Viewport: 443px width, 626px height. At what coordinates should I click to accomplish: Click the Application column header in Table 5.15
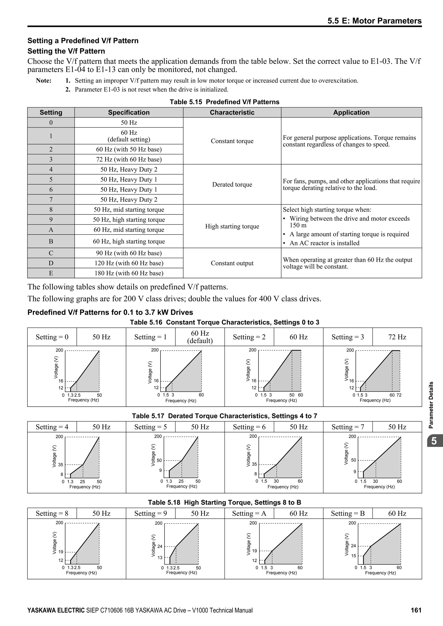pyautogui.click(x=351, y=112)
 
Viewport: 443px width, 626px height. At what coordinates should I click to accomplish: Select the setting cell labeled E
pyautogui.click(x=51, y=273)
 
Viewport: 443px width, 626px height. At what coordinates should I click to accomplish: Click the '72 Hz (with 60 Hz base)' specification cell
pyautogui.click(x=129, y=159)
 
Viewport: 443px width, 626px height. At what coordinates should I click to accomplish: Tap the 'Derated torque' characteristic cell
pyautogui.click(x=232, y=184)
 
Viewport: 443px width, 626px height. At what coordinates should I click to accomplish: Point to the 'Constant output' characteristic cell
pyautogui.click(x=232, y=263)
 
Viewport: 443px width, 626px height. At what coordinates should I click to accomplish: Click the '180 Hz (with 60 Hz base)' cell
pyautogui.click(x=129, y=273)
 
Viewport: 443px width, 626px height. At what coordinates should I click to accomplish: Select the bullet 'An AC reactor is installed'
pyautogui.click(x=324, y=243)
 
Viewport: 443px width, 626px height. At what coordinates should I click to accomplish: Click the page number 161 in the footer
pyautogui.click(x=416, y=610)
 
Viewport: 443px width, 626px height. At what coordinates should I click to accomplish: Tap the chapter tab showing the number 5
pyautogui.click(x=434, y=441)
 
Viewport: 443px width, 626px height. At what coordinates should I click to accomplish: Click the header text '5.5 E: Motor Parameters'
pyautogui.click(x=374, y=21)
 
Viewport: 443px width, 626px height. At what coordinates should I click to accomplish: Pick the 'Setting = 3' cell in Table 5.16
pyautogui.click(x=348, y=337)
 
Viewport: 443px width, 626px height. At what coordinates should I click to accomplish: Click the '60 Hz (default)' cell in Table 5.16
pyautogui.click(x=200, y=337)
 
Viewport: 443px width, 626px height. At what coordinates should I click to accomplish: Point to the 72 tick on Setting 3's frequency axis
pyautogui.click(x=399, y=395)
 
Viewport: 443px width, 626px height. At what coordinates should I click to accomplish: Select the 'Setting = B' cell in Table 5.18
pyautogui.click(x=348, y=513)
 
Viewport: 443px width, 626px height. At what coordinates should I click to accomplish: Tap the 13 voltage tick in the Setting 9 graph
pyautogui.click(x=160, y=557)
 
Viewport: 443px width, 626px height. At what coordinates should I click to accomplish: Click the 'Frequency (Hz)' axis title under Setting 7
pyautogui.click(x=379, y=487)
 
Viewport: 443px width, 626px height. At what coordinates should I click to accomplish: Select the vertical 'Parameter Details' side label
pyautogui.click(x=431, y=405)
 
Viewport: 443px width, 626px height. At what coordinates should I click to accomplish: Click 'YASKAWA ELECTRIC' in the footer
pyautogui.click(x=56, y=610)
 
